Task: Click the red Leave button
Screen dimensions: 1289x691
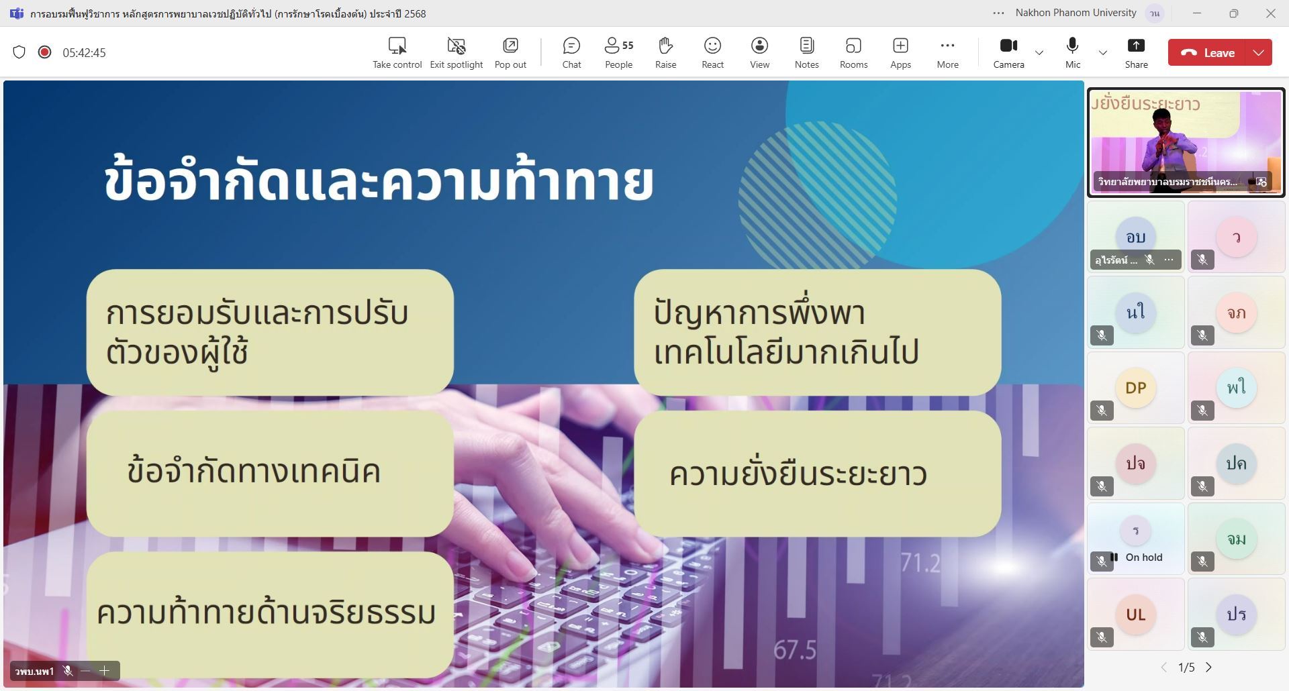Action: [x=1207, y=52]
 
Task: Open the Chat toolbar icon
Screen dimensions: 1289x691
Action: [x=571, y=46]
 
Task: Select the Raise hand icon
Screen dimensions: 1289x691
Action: [x=665, y=46]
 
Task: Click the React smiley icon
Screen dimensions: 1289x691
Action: [x=712, y=46]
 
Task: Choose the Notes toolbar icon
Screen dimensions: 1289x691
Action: [x=806, y=46]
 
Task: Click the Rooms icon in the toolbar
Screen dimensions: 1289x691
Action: [x=853, y=46]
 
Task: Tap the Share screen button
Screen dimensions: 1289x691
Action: [x=1136, y=46]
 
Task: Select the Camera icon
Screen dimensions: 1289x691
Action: [x=1008, y=46]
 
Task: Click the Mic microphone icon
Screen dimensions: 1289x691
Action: [x=1072, y=46]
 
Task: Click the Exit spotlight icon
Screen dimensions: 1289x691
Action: [x=457, y=46]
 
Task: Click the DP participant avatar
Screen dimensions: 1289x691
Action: [x=1135, y=388]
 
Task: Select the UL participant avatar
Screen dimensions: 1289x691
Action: [x=1135, y=615]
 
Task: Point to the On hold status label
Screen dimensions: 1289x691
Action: [x=1143, y=557]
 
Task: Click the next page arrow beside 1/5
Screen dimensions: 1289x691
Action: [x=1208, y=668]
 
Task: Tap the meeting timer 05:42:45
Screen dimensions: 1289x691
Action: [x=84, y=53]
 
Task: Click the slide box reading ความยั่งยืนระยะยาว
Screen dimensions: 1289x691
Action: [x=817, y=474]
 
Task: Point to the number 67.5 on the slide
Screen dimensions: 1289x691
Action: [x=795, y=649]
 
